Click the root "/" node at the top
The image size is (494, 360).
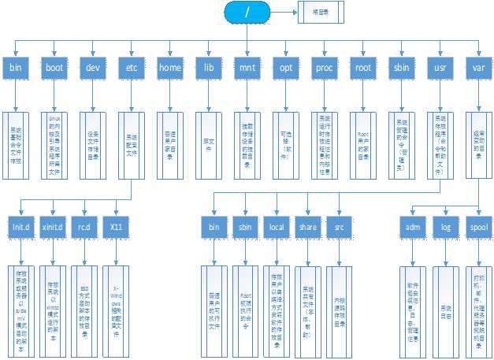click(248, 13)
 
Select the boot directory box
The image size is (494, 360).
click(54, 68)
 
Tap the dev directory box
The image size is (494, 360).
click(93, 68)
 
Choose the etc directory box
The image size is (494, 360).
click(132, 68)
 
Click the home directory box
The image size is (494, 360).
click(170, 68)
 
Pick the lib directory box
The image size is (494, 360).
click(209, 68)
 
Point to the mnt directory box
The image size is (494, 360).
click(247, 68)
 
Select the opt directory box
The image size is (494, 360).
click(286, 68)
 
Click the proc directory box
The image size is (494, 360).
click(325, 68)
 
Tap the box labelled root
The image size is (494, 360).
click(363, 68)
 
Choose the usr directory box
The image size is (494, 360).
click(440, 68)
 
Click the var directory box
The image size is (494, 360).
click(479, 68)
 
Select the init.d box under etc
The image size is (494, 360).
click(21, 228)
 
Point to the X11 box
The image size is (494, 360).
click(117, 228)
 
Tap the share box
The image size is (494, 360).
click(307, 228)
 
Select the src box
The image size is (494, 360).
click(339, 228)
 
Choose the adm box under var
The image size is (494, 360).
click(411, 228)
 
